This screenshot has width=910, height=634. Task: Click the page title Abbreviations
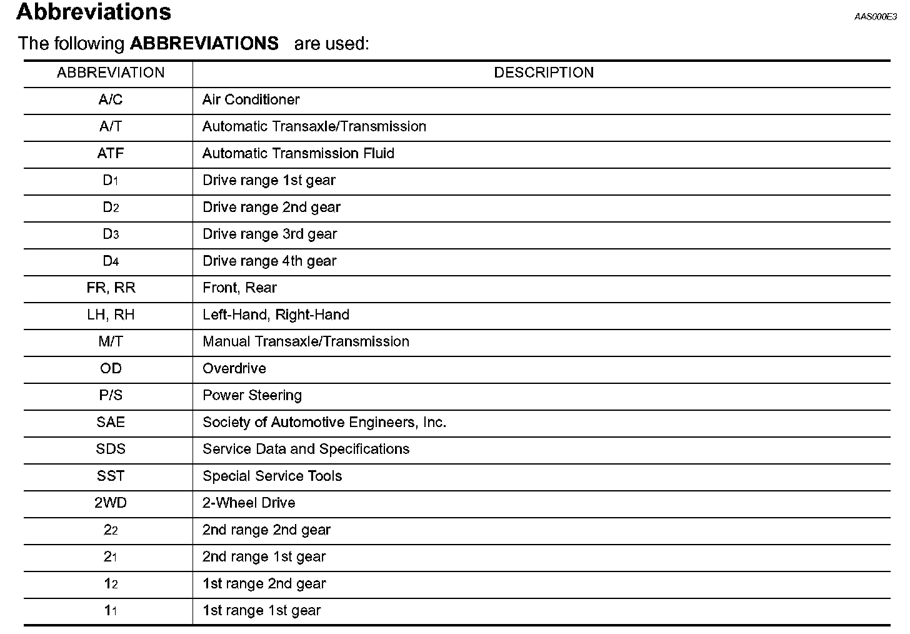[x=94, y=12]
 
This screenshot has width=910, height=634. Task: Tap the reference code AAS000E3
[x=875, y=17]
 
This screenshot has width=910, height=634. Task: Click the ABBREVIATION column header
[x=111, y=73]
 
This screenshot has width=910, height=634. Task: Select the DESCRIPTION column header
[x=543, y=73]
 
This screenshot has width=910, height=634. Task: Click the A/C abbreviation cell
[x=111, y=100]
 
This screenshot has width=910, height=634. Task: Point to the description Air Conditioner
[x=251, y=100]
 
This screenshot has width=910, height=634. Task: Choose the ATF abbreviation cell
[x=111, y=154]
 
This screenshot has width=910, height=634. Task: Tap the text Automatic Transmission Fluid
[x=298, y=154]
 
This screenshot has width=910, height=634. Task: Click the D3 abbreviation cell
[x=111, y=234]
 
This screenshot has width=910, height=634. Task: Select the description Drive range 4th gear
[x=269, y=261]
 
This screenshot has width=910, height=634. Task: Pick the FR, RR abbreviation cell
[x=111, y=288]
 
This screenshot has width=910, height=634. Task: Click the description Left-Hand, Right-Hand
[x=276, y=315]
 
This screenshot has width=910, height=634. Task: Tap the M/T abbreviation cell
[x=111, y=342]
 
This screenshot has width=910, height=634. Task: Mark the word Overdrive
[x=234, y=369]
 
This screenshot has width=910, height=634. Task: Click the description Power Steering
[x=252, y=396]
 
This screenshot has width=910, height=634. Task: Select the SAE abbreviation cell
[x=111, y=423]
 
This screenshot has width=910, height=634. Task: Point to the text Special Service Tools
[x=272, y=476]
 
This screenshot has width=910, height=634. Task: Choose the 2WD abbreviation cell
[x=111, y=503]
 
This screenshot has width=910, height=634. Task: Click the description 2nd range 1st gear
[x=264, y=557]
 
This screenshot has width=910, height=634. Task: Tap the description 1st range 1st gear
[x=261, y=611]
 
